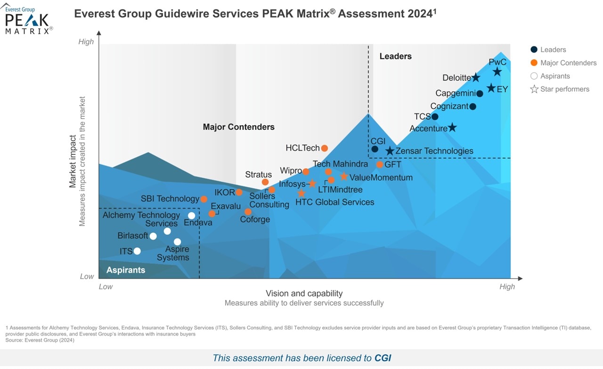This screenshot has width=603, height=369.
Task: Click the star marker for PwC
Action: (x=497, y=72)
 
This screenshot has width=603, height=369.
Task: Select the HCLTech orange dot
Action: (x=324, y=148)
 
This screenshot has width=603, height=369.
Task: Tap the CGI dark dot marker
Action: (x=375, y=149)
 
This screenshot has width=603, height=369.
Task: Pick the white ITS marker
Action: (x=137, y=251)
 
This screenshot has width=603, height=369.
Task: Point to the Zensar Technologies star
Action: (x=390, y=151)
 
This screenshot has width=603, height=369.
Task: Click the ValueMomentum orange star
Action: (x=344, y=176)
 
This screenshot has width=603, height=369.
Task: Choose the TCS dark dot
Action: (x=435, y=117)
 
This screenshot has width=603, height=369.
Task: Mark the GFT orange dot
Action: (x=380, y=164)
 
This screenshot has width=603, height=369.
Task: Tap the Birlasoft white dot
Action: (x=153, y=236)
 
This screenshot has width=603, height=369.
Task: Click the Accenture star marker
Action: (x=452, y=128)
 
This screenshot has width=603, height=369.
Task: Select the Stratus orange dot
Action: (x=265, y=182)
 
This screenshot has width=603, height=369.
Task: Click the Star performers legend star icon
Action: (x=534, y=89)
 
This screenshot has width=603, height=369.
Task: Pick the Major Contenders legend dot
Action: (x=534, y=63)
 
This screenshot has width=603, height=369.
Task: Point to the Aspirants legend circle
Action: (x=534, y=76)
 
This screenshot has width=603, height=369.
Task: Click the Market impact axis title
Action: (x=73, y=161)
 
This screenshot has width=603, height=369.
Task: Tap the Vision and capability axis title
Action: (x=304, y=293)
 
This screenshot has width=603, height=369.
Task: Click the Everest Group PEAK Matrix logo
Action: (x=27, y=19)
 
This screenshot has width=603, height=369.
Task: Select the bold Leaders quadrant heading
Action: (x=395, y=56)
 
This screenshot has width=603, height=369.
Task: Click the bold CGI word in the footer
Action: (x=383, y=358)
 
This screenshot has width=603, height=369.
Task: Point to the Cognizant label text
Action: (x=449, y=106)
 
